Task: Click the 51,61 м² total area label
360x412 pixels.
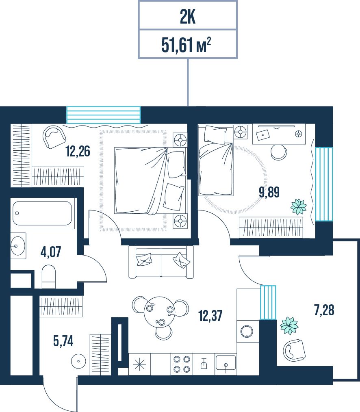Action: point(186,45)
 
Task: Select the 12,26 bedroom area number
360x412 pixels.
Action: point(78,151)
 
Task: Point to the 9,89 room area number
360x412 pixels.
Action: point(269,192)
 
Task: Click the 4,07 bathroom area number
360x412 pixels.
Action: point(51,252)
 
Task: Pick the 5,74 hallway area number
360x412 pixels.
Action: point(63,341)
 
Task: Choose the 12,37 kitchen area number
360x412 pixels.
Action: point(210,316)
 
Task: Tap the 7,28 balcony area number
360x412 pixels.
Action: point(324,310)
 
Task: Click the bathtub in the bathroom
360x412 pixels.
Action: point(42,213)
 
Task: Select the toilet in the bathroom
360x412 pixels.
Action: point(49,277)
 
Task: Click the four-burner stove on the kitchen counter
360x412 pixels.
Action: point(182,364)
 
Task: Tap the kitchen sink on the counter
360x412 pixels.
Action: point(226,363)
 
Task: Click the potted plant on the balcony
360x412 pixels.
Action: point(289,325)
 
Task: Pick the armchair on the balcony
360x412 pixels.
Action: point(294,350)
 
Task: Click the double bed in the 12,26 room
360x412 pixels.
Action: point(151,181)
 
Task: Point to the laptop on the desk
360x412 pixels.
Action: point(263,135)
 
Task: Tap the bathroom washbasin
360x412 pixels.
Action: point(18,246)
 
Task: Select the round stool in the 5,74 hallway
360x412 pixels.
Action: point(78,361)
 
